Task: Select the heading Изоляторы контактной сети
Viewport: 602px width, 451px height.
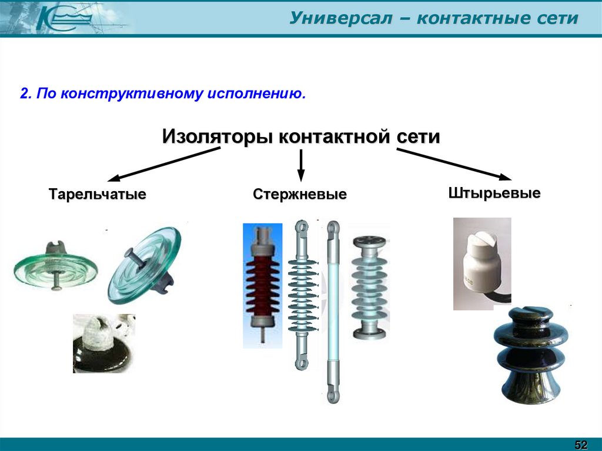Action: (x=300, y=137)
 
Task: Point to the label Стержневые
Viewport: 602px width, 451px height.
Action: (x=300, y=194)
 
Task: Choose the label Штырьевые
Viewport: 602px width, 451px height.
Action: (x=494, y=193)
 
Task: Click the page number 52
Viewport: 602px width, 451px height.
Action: (x=581, y=443)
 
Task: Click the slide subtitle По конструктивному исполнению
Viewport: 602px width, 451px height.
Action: (x=163, y=94)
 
